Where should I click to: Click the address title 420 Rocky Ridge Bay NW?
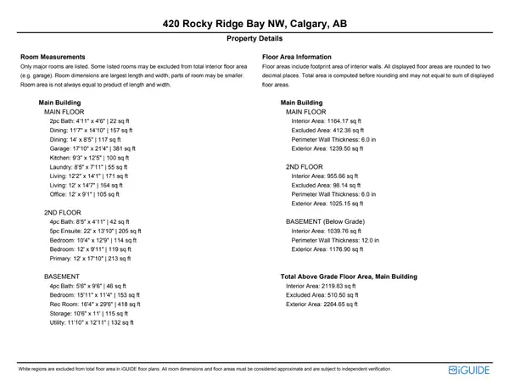(x=255, y=23)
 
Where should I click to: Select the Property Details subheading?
(x=255, y=39)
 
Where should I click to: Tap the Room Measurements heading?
(x=53, y=57)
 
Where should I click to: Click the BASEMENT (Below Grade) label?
(x=325, y=221)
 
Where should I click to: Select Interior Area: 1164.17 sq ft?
(x=325, y=121)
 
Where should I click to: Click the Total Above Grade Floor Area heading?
(x=349, y=276)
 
